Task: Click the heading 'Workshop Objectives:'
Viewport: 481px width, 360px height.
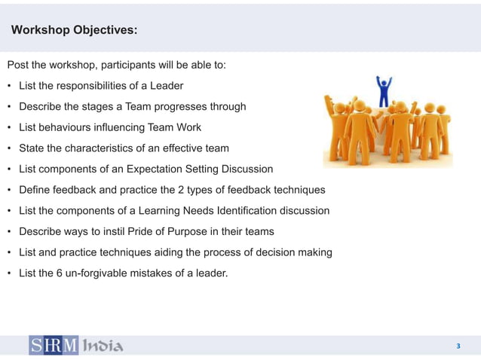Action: (74, 30)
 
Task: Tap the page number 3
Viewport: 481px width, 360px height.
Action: (458, 346)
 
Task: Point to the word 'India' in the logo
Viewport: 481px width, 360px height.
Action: (102, 346)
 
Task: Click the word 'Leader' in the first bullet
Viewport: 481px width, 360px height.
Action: (166, 86)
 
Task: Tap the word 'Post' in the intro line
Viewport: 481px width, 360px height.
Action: (18, 65)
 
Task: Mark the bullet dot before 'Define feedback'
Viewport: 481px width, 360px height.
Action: (10, 190)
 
